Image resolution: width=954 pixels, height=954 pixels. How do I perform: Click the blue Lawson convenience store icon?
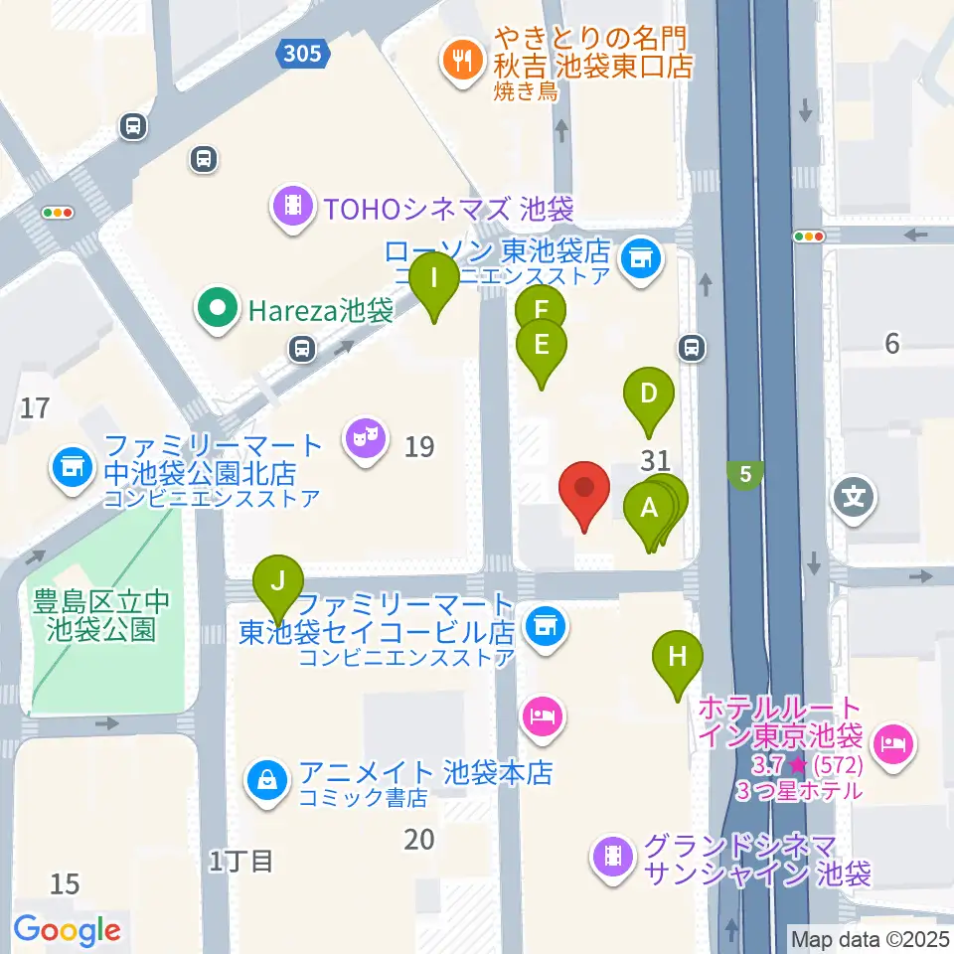click(636, 259)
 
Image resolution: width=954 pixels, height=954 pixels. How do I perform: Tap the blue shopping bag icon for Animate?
click(267, 782)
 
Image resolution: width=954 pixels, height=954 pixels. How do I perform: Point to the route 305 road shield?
click(301, 52)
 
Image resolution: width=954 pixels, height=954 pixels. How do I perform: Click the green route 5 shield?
click(744, 475)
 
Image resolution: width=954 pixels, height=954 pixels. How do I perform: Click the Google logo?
click(68, 930)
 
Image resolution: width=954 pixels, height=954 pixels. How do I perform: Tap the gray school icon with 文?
click(854, 493)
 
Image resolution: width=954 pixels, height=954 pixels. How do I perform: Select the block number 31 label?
click(654, 459)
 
